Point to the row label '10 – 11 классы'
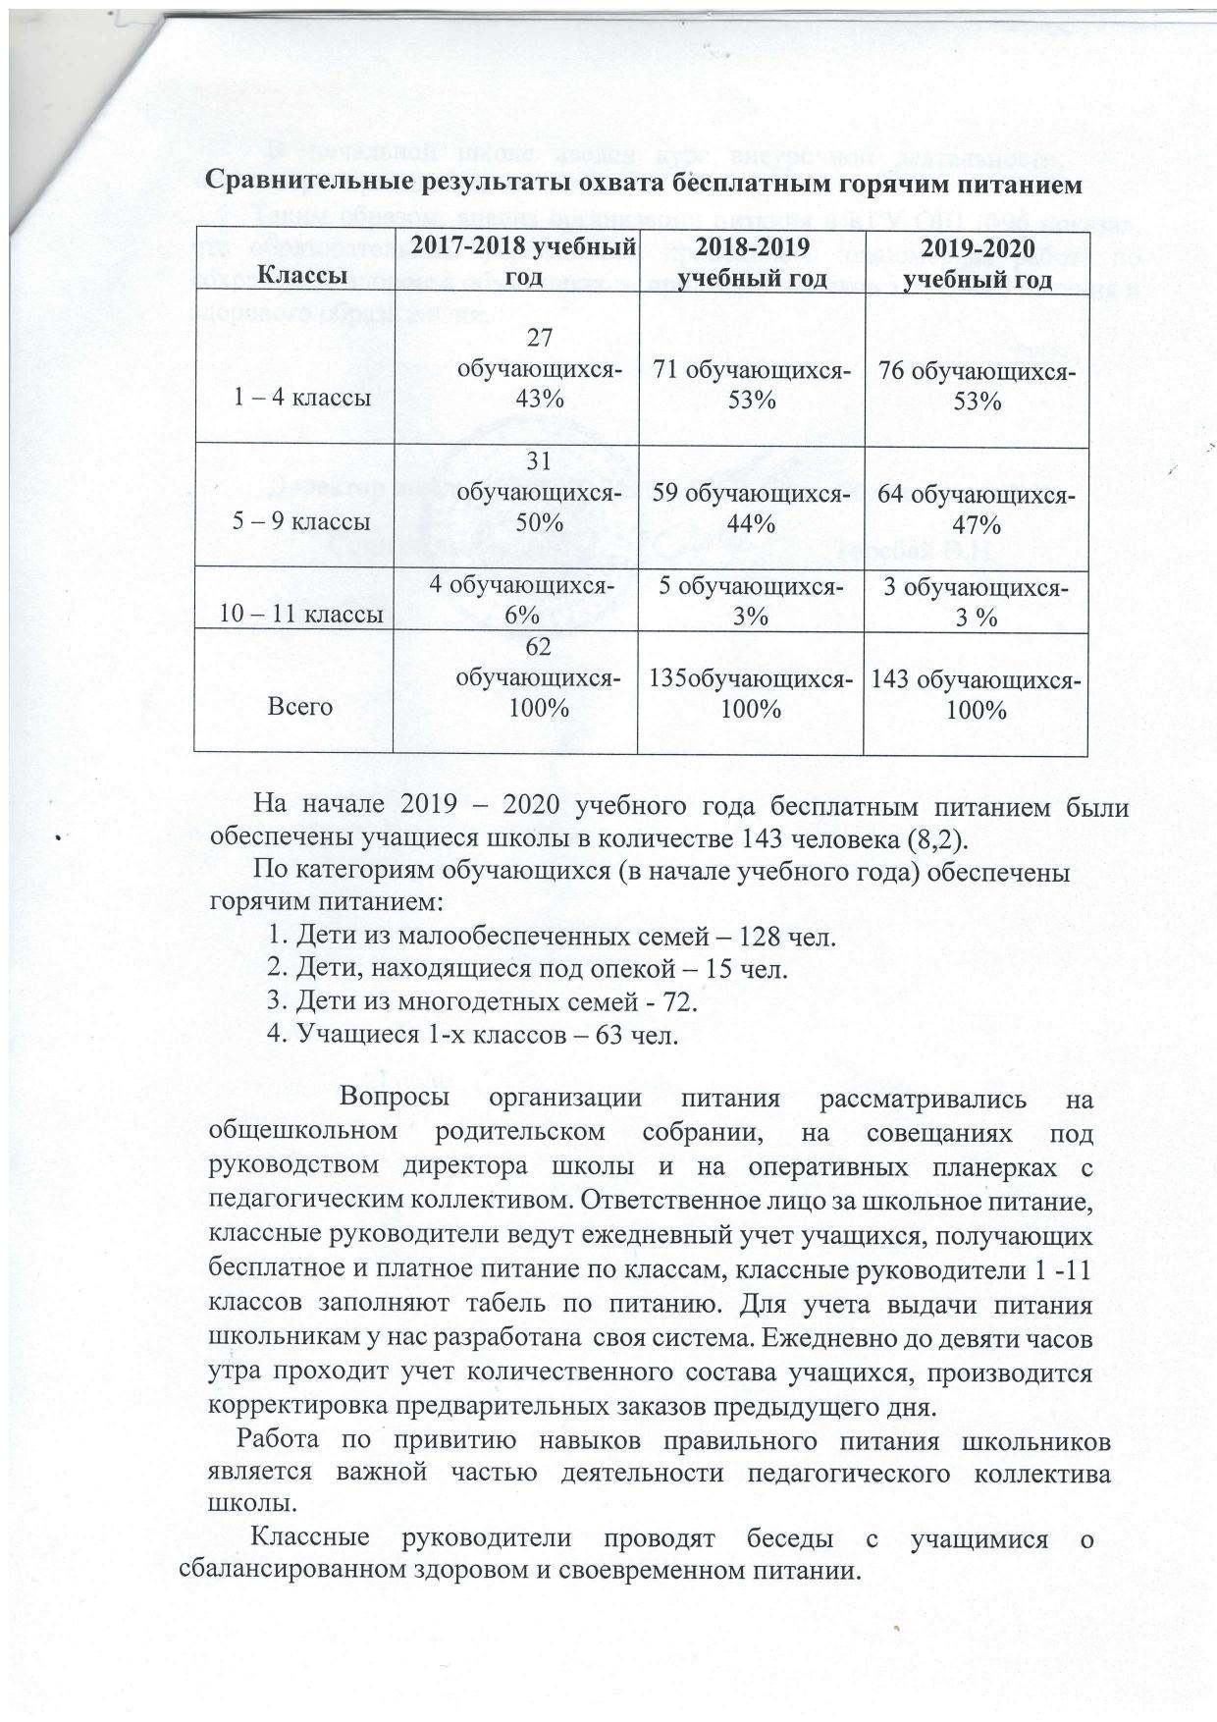(300, 615)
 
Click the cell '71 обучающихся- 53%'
(752, 386)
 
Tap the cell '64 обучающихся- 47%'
(977, 508)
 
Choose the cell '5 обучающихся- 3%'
(751, 601)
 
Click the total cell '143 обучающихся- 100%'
(977, 693)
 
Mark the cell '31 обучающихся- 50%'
(539, 491)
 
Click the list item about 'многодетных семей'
(482, 1002)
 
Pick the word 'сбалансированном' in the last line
(295, 1568)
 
